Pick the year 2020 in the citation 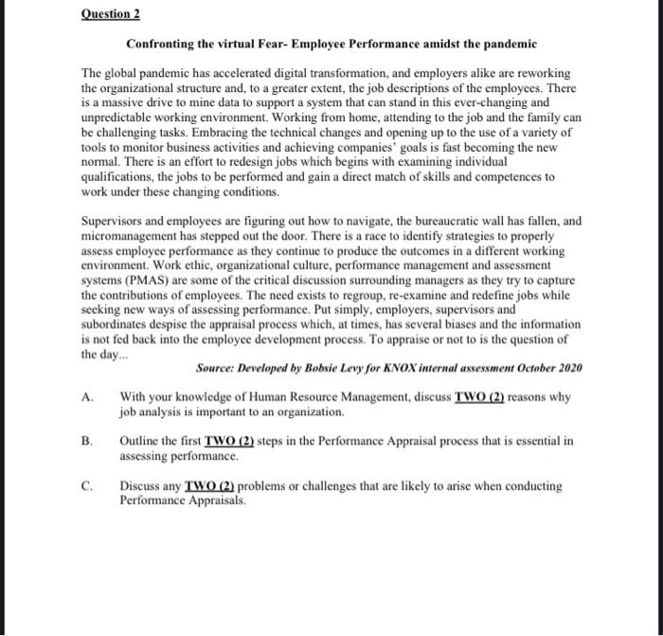(x=568, y=367)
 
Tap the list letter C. (x=87, y=486)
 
